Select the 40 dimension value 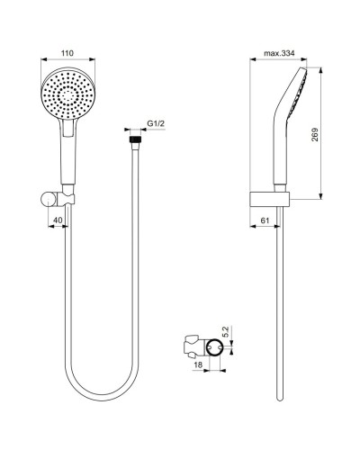coord(57,220)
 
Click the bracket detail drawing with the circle coord(205,346)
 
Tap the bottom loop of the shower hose coord(103,396)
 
